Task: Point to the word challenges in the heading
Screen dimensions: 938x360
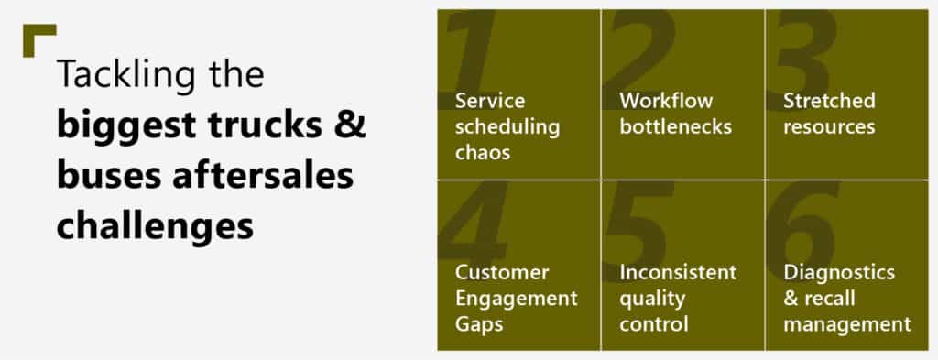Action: coord(155,227)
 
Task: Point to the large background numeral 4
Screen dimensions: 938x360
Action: coord(474,222)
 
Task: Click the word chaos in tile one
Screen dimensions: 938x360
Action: coord(483,152)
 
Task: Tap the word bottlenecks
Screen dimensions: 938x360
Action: coord(675,126)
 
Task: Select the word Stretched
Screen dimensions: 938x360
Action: coord(829,101)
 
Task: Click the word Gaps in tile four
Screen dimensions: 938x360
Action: coord(478,324)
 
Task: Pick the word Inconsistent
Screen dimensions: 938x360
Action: coord(678,273)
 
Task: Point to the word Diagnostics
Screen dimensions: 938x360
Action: coord(839,273)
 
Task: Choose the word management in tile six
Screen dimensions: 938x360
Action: coord(847,324)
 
